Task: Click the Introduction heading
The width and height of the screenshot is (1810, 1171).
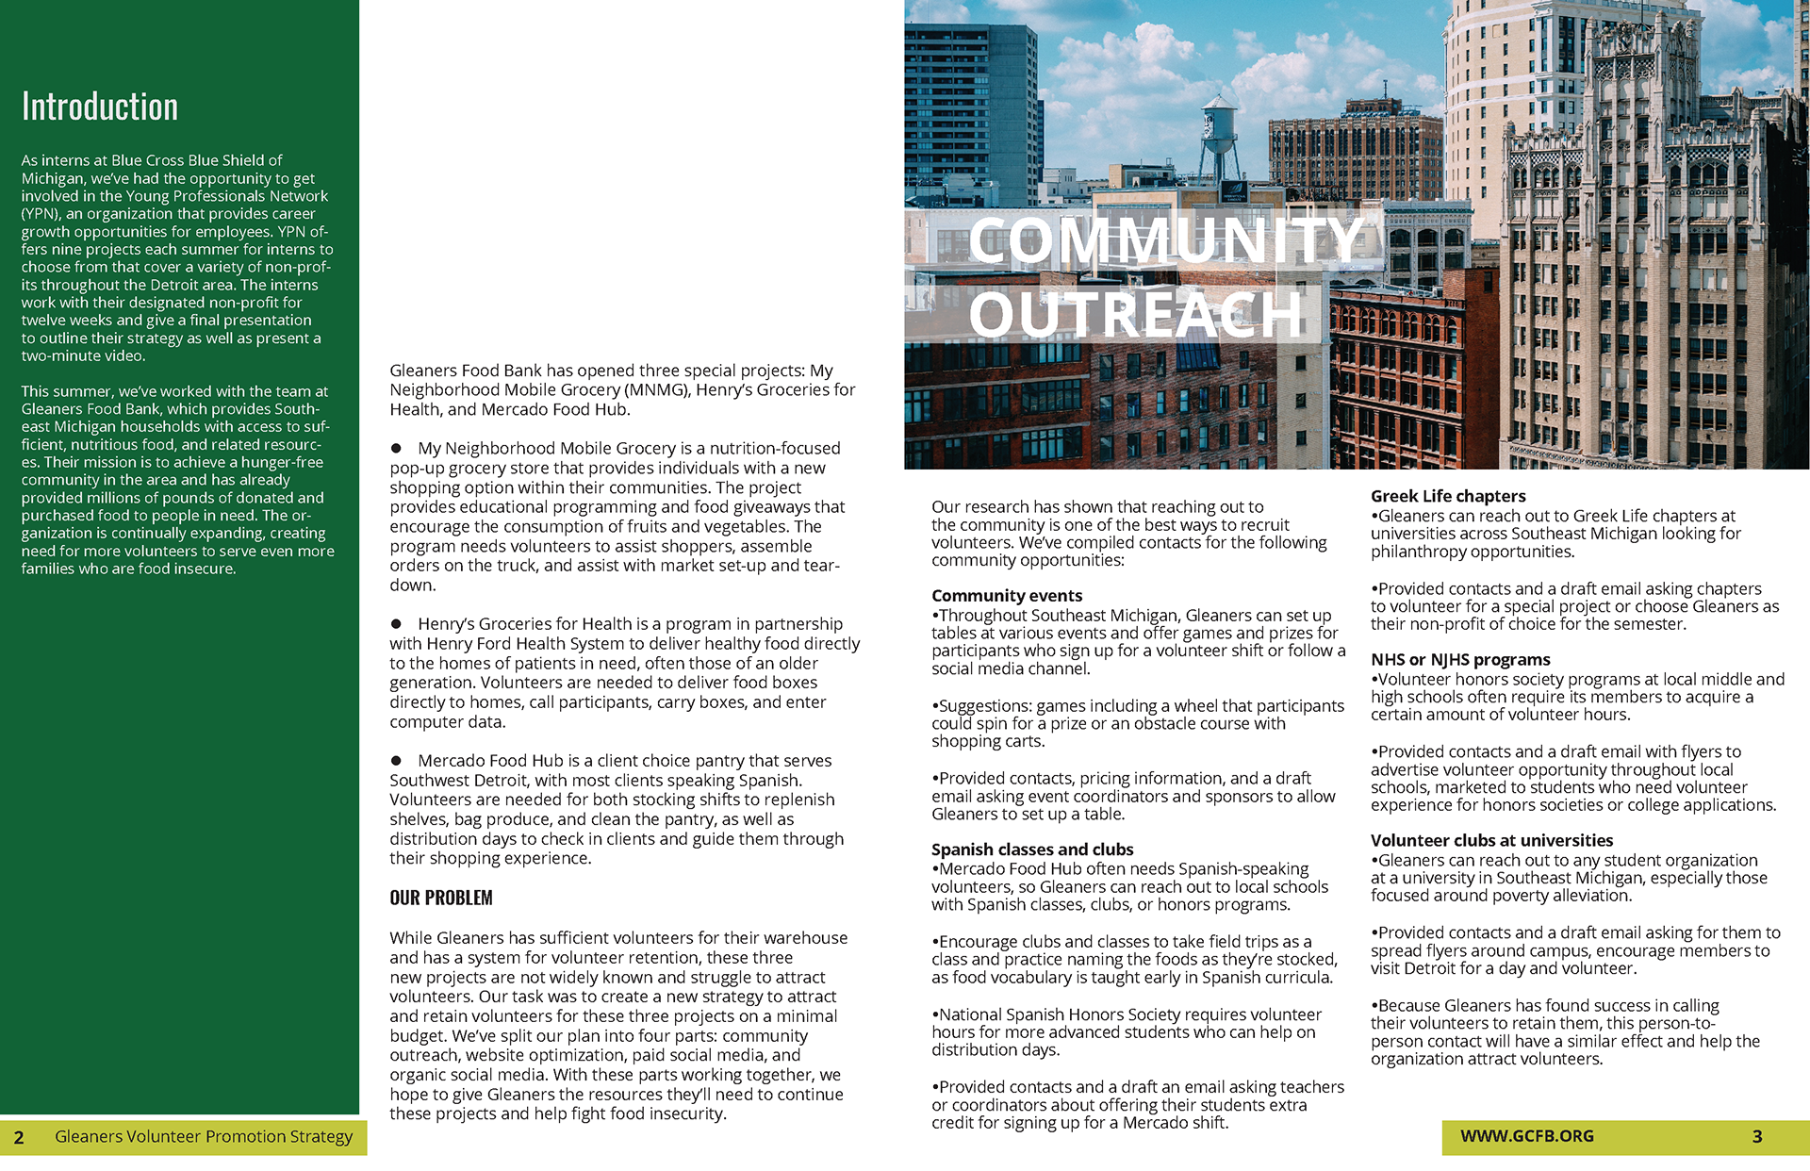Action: (x=100, y=107)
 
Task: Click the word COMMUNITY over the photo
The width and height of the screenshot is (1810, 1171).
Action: (x=1166, y=240)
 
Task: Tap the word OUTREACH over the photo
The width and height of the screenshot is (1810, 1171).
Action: (x=1136, y=315)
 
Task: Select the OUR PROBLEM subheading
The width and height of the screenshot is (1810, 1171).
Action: (x=441, y=898)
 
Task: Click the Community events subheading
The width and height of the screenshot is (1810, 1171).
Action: (x=1007, y=596)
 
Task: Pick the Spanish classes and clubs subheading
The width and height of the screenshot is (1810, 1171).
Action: (x=1032, y=849)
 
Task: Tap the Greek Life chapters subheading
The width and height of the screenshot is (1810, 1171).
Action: (x=1448, y=496)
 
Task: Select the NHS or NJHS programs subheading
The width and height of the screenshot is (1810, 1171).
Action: (x=1460, y=660)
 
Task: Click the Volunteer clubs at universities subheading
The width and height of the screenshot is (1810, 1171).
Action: (x=1491, y=840)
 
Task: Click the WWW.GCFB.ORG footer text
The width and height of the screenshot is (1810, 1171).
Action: (x=1527, y=1136)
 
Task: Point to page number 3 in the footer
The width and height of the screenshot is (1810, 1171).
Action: (x=1757, y=1136)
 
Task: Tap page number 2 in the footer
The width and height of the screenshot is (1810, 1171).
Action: (x=19, y=1137)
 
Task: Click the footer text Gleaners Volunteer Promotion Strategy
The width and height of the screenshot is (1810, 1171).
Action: (x=204, y=1136)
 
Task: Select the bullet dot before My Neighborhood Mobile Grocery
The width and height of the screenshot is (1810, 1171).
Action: (x=397, y=449)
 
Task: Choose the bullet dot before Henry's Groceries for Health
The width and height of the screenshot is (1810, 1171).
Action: (x=397, y=624)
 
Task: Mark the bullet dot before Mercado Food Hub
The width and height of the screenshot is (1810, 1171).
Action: (x=397, y=761)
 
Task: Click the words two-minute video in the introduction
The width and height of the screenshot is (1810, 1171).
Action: (x=83, y=356)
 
